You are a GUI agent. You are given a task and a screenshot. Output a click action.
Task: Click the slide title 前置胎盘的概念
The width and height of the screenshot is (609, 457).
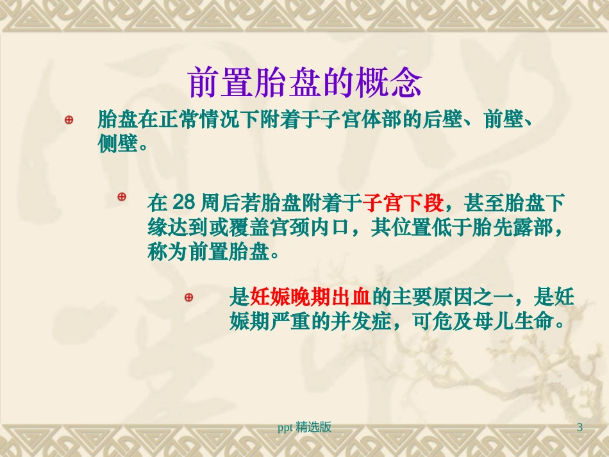(305, 83)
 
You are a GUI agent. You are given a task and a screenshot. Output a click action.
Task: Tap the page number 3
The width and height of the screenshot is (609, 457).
(580, 427)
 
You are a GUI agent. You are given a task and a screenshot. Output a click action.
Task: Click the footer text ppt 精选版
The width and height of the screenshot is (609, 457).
(304, 427)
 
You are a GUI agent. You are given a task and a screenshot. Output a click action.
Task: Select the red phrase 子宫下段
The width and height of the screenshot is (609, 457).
(403, 204)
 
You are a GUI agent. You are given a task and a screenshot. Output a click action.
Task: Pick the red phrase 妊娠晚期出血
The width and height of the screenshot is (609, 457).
(310, 297)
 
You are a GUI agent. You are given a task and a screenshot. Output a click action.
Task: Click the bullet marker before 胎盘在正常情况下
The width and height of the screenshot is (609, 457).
(69, 120)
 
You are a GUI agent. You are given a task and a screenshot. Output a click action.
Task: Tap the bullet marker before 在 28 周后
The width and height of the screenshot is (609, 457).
(122, 197)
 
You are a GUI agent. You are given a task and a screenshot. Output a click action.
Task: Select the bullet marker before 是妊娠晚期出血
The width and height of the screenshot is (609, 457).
(188, 297)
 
